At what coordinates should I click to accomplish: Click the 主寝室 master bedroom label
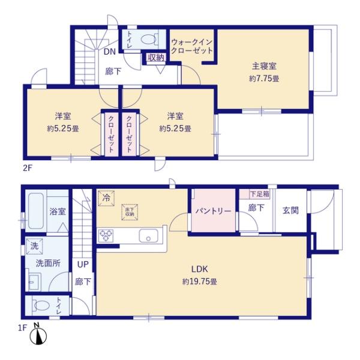(264, 67)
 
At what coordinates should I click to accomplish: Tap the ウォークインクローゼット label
(192, 47)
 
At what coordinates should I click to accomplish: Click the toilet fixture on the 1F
(41, 305)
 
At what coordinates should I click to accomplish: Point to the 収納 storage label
(156, 58)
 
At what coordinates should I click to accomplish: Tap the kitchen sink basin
(148, 235)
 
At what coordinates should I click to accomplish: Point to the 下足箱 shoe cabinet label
(260, 194)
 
